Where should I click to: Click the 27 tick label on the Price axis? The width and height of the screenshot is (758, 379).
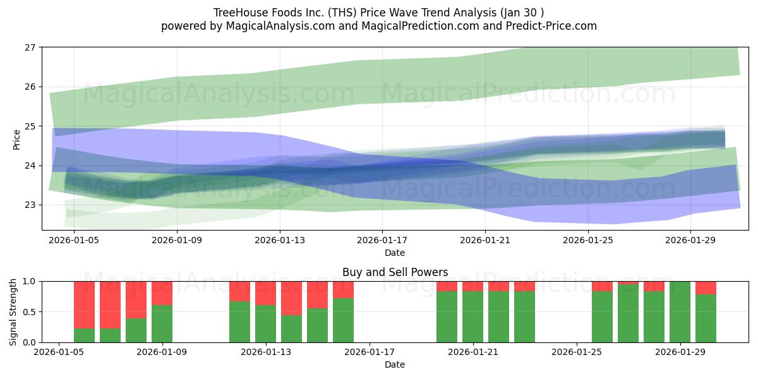[30, 47]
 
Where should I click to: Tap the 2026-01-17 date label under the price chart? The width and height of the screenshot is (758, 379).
[382, 240]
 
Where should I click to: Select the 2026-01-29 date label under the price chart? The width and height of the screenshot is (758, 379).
[690, 240]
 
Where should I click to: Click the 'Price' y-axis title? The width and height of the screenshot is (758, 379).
[16, 140]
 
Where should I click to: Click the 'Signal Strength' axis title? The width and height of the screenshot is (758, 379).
[13, 312]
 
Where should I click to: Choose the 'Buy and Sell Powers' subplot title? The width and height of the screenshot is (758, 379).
[395, 272]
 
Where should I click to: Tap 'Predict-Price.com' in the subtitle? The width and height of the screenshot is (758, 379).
[551, 26]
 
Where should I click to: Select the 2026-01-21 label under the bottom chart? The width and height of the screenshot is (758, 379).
[472, 352]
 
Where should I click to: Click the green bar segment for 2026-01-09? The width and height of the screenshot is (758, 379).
[162, 324]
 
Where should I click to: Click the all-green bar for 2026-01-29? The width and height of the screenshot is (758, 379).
[680, 312]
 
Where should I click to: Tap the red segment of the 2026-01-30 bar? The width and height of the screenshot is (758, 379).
[706, 288]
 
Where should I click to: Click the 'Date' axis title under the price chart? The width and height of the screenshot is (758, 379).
[395, 253]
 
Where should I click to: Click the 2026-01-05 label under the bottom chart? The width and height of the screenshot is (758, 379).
[59, 352]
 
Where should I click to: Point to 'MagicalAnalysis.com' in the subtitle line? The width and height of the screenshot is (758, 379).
[280, 26]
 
